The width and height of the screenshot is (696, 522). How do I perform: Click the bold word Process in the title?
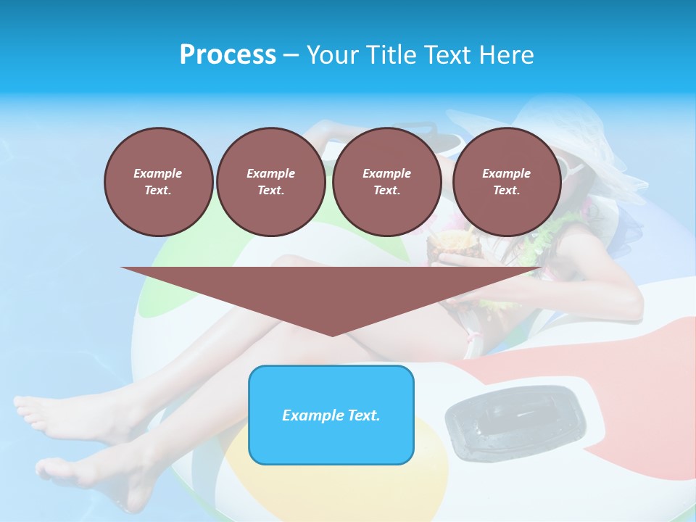tap(228, 55)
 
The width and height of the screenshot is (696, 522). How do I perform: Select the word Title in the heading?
tap(392, 55)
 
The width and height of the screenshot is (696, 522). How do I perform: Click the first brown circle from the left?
tap(158, 181)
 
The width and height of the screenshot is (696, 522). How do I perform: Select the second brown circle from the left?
tap(270, 181)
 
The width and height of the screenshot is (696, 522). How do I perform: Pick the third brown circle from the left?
tap(386, 181)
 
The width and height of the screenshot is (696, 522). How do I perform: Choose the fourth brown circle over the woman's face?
tap(506, 181)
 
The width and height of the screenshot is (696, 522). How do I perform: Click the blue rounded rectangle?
tap(331, 435)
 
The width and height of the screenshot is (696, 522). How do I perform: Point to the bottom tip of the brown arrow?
tap(332, 334)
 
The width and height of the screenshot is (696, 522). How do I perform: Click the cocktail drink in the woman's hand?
tap(439, 246)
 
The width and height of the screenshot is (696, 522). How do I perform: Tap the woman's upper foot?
tap(43, 413)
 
